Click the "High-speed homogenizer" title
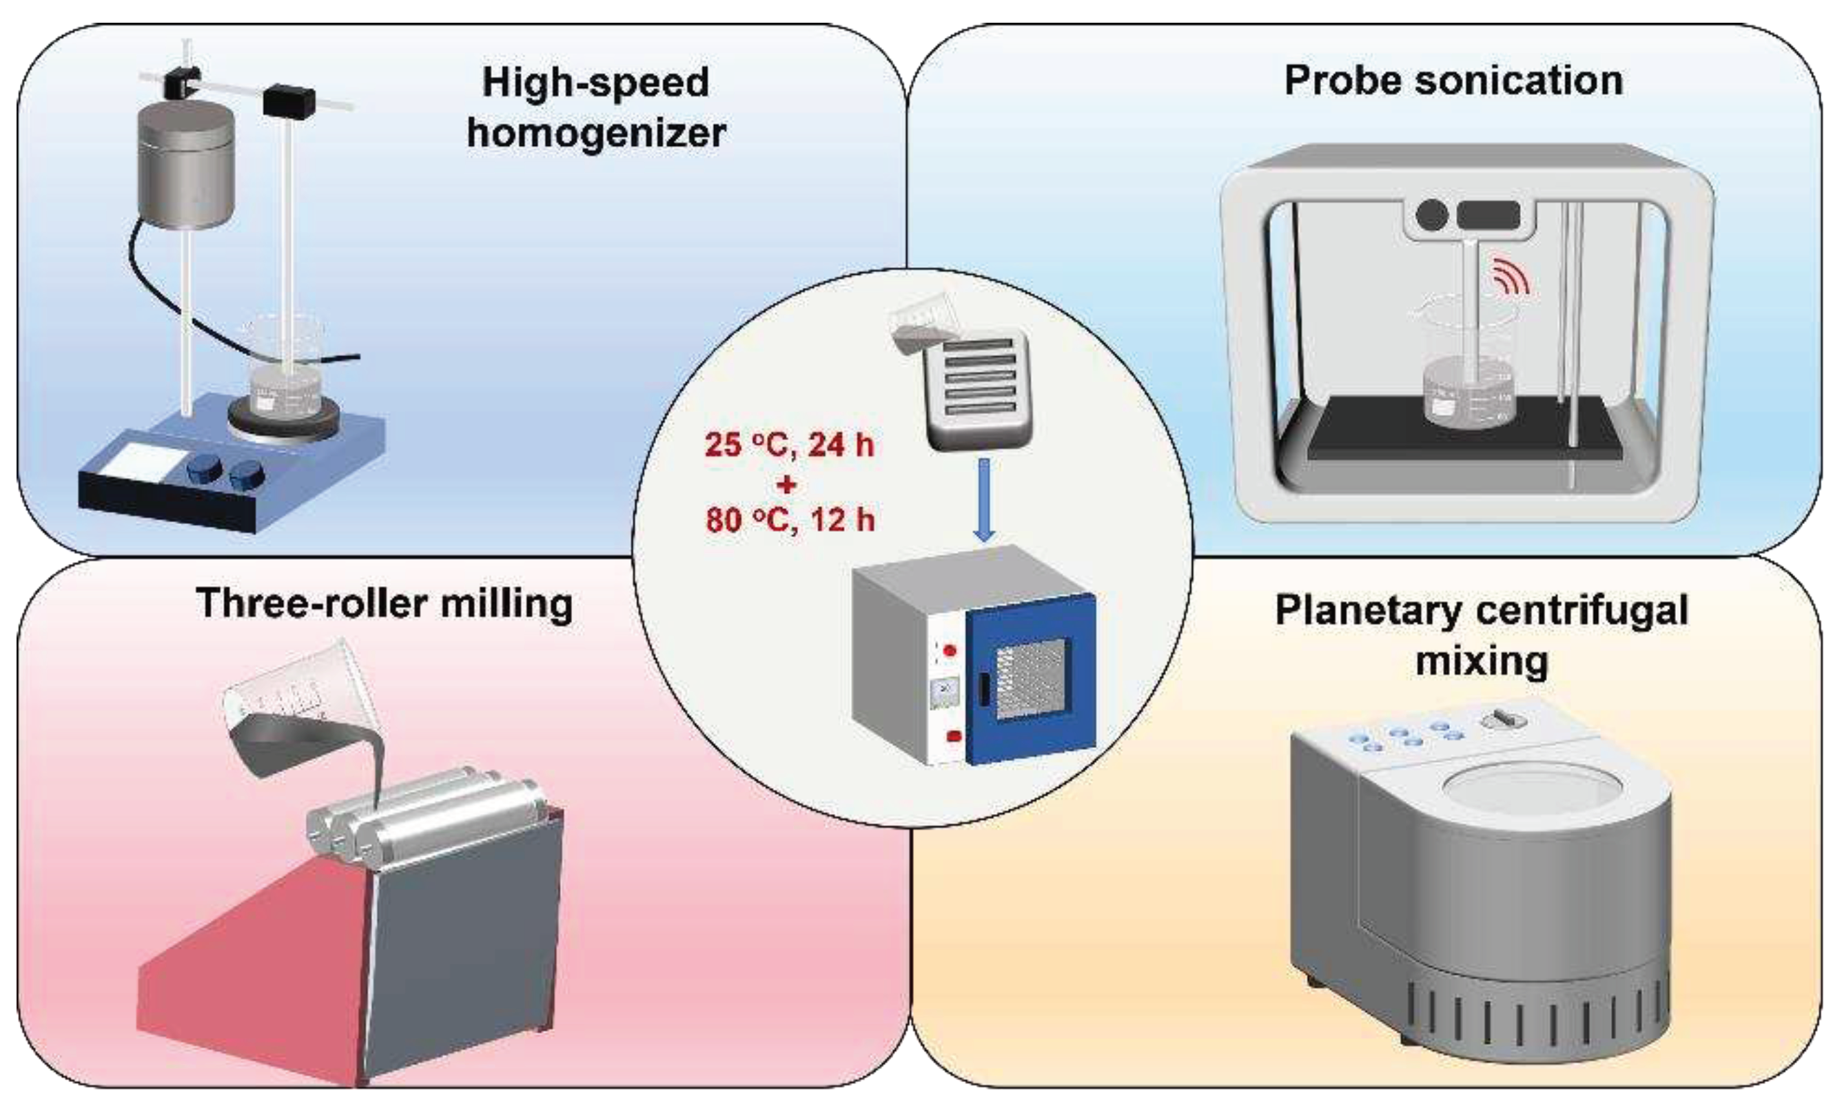595,107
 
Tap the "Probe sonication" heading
1453,80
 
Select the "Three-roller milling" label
385,604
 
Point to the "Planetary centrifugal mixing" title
1482,635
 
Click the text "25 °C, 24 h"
790,446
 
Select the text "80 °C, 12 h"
790,520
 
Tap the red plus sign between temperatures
787,484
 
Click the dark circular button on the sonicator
1433,216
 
